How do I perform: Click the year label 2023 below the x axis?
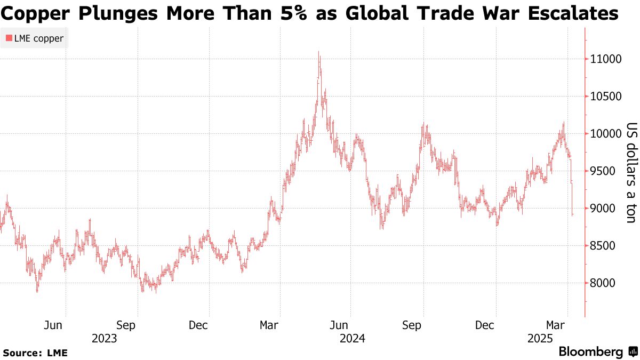(x=105, y=338)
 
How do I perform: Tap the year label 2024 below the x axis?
(x=352, y=338)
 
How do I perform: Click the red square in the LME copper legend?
(x=9, y=38)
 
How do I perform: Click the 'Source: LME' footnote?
(x=35, y=353)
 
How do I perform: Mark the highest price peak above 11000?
(x=319, y=52)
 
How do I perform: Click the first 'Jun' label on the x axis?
(x=54, y=325)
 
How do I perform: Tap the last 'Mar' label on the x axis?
(x=556, y=325)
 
